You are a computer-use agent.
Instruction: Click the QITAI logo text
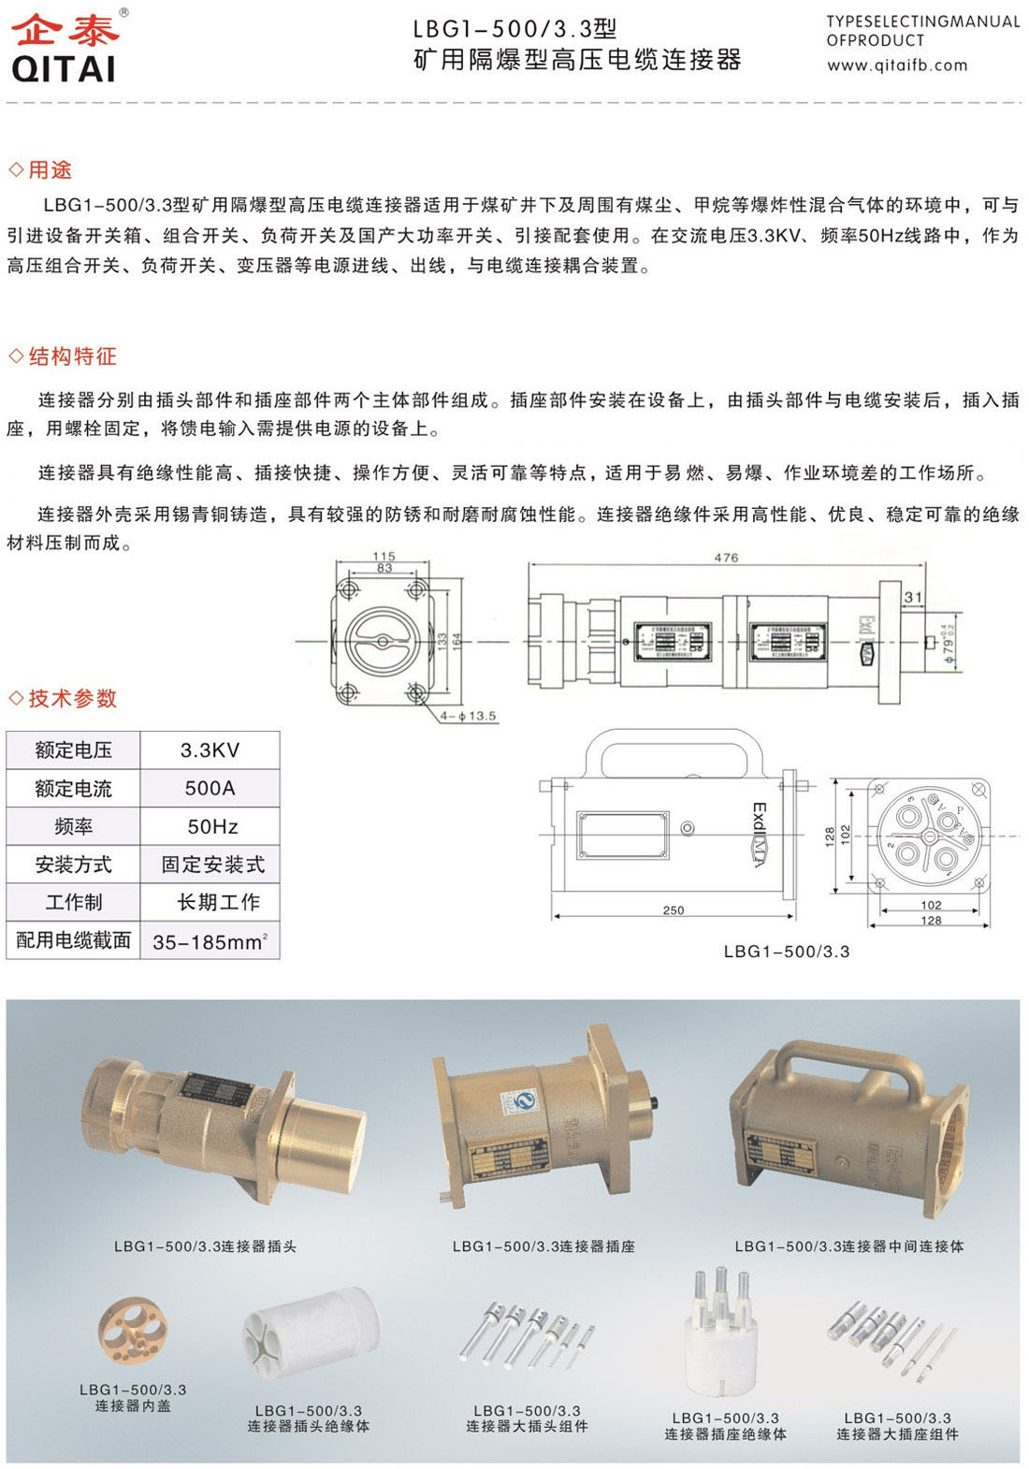coord(63,68)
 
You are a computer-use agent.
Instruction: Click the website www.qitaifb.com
coord(896,65)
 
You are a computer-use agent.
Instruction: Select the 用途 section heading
coord(50,169)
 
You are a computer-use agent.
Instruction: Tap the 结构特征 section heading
coord(72,356)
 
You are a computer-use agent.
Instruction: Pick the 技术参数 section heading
coord(72,698)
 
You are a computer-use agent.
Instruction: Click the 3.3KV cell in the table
coord(210,750)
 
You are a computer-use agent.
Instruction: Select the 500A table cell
coord(210,789)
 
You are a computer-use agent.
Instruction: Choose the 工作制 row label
coord(73,903)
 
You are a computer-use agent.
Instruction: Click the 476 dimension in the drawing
coord(726,558)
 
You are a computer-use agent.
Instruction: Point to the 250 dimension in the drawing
coord(674,909)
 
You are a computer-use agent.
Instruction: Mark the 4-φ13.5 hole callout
coord(469,716)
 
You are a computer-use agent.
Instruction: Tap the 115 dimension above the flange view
coord(384,556)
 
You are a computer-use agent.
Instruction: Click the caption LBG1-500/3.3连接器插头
coord(205,1246)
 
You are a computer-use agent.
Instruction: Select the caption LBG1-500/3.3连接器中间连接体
coord(848,1246)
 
